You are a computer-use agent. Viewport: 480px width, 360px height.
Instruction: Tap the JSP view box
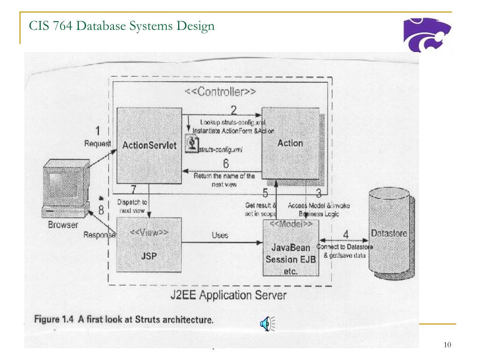[x=149, y=248]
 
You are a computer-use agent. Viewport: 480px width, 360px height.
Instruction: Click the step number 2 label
[x=233, y=111]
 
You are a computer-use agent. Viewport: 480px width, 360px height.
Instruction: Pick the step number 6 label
[x=225, y=165]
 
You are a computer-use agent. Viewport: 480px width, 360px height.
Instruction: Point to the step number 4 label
[x=345, y=233]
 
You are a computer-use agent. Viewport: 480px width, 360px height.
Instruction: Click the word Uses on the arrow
[x=220, y=235]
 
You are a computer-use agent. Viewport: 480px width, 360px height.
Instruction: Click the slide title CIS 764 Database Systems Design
[x=121, y=27]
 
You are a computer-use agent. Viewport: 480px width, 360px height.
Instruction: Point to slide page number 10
[x=447, y=345]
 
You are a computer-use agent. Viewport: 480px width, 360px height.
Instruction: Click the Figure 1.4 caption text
[x=124, y=321]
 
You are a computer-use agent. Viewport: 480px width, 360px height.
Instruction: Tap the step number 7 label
[x=134, y=190]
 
